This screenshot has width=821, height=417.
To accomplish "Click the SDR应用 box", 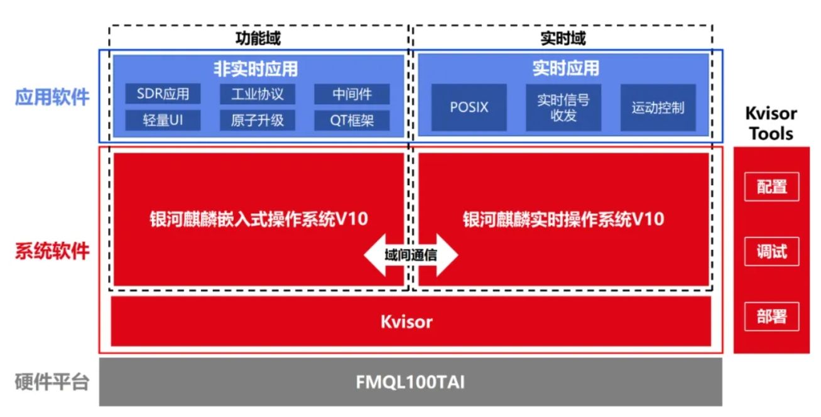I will point(163,94).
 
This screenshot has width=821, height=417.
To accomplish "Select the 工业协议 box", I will point(258,94).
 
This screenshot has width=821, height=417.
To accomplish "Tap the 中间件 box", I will point(352,94).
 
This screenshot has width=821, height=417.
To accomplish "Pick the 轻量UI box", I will point(163,120).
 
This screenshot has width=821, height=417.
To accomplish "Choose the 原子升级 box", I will point(258,120).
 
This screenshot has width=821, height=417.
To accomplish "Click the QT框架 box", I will point(352,120).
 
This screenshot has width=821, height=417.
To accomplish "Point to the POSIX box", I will point(469,107).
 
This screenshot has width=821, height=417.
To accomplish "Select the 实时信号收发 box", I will point(563,107).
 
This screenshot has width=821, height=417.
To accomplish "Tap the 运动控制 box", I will point(658,107).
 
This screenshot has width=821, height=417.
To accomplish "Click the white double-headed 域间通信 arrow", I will point(411,256).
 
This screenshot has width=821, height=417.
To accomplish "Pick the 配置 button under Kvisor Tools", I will point(771,187).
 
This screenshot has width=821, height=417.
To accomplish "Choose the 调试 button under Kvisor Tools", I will point(771,252).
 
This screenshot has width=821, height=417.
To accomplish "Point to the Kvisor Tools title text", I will point(771,124).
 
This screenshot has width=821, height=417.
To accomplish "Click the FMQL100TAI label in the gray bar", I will point(411,382).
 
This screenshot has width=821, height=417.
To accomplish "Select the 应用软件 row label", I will point(52,97).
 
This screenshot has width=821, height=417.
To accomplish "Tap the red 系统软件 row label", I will point(52,251).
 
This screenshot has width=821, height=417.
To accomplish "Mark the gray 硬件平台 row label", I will point(52,382).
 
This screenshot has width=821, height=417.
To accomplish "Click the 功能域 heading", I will point(258,38).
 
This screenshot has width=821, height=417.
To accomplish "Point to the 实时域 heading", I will point(563,38).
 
